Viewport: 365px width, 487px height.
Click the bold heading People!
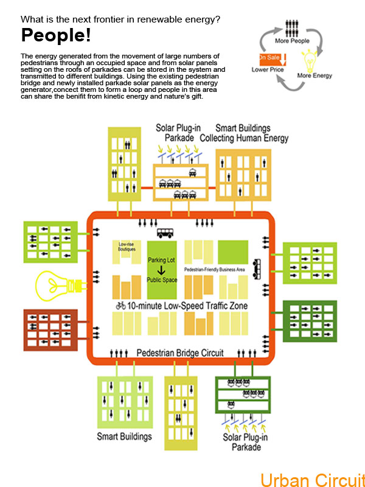point(56,35)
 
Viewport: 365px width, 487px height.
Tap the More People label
point(292,42)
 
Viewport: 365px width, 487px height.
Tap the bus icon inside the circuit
point(166,233)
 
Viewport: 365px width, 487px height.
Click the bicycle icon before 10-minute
point(120,306)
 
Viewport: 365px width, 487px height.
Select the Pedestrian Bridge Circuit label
point(180,352)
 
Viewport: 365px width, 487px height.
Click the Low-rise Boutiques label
point(127,246)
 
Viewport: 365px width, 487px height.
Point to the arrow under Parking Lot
point(162,270)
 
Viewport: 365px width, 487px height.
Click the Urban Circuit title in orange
point(312,478)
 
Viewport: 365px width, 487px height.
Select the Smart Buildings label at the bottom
point(125,436)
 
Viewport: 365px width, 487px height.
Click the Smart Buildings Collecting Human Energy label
point(252,133)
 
